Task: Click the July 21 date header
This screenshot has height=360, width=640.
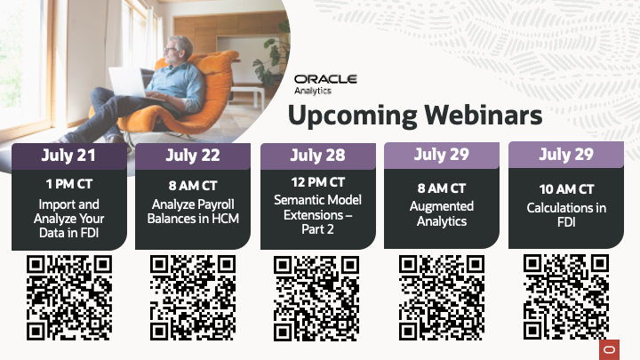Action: [69, 156]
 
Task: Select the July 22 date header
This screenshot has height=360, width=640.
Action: [193, 156]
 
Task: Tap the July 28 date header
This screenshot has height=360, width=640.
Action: [318, 156]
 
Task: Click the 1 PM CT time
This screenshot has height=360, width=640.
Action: [69, 184]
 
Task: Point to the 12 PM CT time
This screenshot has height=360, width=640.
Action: [318, 182]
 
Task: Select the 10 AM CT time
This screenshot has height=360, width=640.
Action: [566, 189]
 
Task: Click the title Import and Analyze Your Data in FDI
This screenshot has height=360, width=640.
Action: [69, 219]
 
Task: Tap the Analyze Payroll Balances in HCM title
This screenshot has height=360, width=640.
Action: [193, 212]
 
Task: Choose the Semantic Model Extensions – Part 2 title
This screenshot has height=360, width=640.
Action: [318, 215]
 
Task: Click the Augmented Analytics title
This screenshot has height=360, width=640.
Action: [442, 213]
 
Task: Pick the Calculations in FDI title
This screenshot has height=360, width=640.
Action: [566, 215]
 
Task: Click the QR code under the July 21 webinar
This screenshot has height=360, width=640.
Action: [69, 298]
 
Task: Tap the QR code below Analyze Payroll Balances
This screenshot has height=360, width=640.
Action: [193, 298]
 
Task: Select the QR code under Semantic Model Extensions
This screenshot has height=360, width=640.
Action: [316, 299]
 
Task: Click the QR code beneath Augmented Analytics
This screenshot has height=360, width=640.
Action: [442, 298]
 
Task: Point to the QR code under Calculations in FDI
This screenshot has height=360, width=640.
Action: [566, 297]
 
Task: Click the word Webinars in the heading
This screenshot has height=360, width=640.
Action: [484, 115]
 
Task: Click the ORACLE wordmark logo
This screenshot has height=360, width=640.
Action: [325, 79]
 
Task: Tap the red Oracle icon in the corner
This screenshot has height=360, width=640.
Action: [610, 350]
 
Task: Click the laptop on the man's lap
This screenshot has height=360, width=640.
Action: [127, 83]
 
